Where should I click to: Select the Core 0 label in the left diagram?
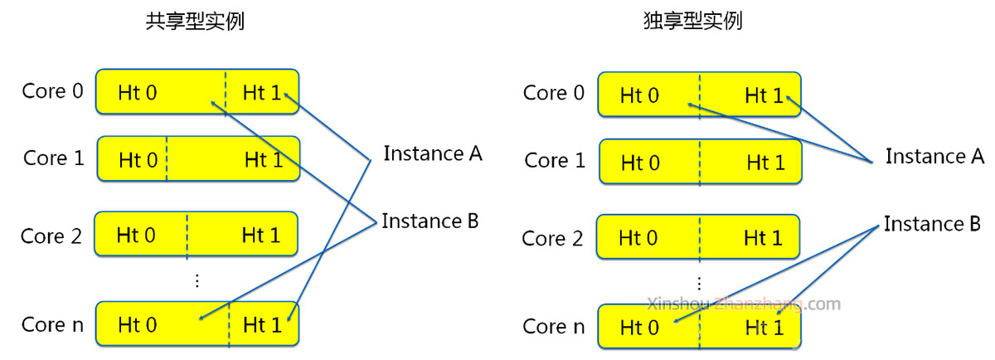[x=53, y=90]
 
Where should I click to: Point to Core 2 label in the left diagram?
[x=51, y=236]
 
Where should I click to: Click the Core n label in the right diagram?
[x=554, y=327]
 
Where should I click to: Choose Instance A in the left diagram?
[x=432, y=153]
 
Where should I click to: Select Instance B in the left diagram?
[x=430, y=221]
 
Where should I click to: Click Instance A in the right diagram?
[x=934, y=156]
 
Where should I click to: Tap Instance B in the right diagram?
[x=933, y=224]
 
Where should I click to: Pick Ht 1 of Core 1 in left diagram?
[x=264, y=160]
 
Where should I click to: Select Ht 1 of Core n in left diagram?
[x=262, y=325]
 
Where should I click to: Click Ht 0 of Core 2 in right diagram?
[x=638, y=239]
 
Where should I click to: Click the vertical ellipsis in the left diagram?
[x=197, y=280]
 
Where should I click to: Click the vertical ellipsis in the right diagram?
[x=698, y=283]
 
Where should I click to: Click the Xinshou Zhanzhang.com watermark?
[x=743, y=304]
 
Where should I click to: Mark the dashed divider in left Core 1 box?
[x=166, y=158]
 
